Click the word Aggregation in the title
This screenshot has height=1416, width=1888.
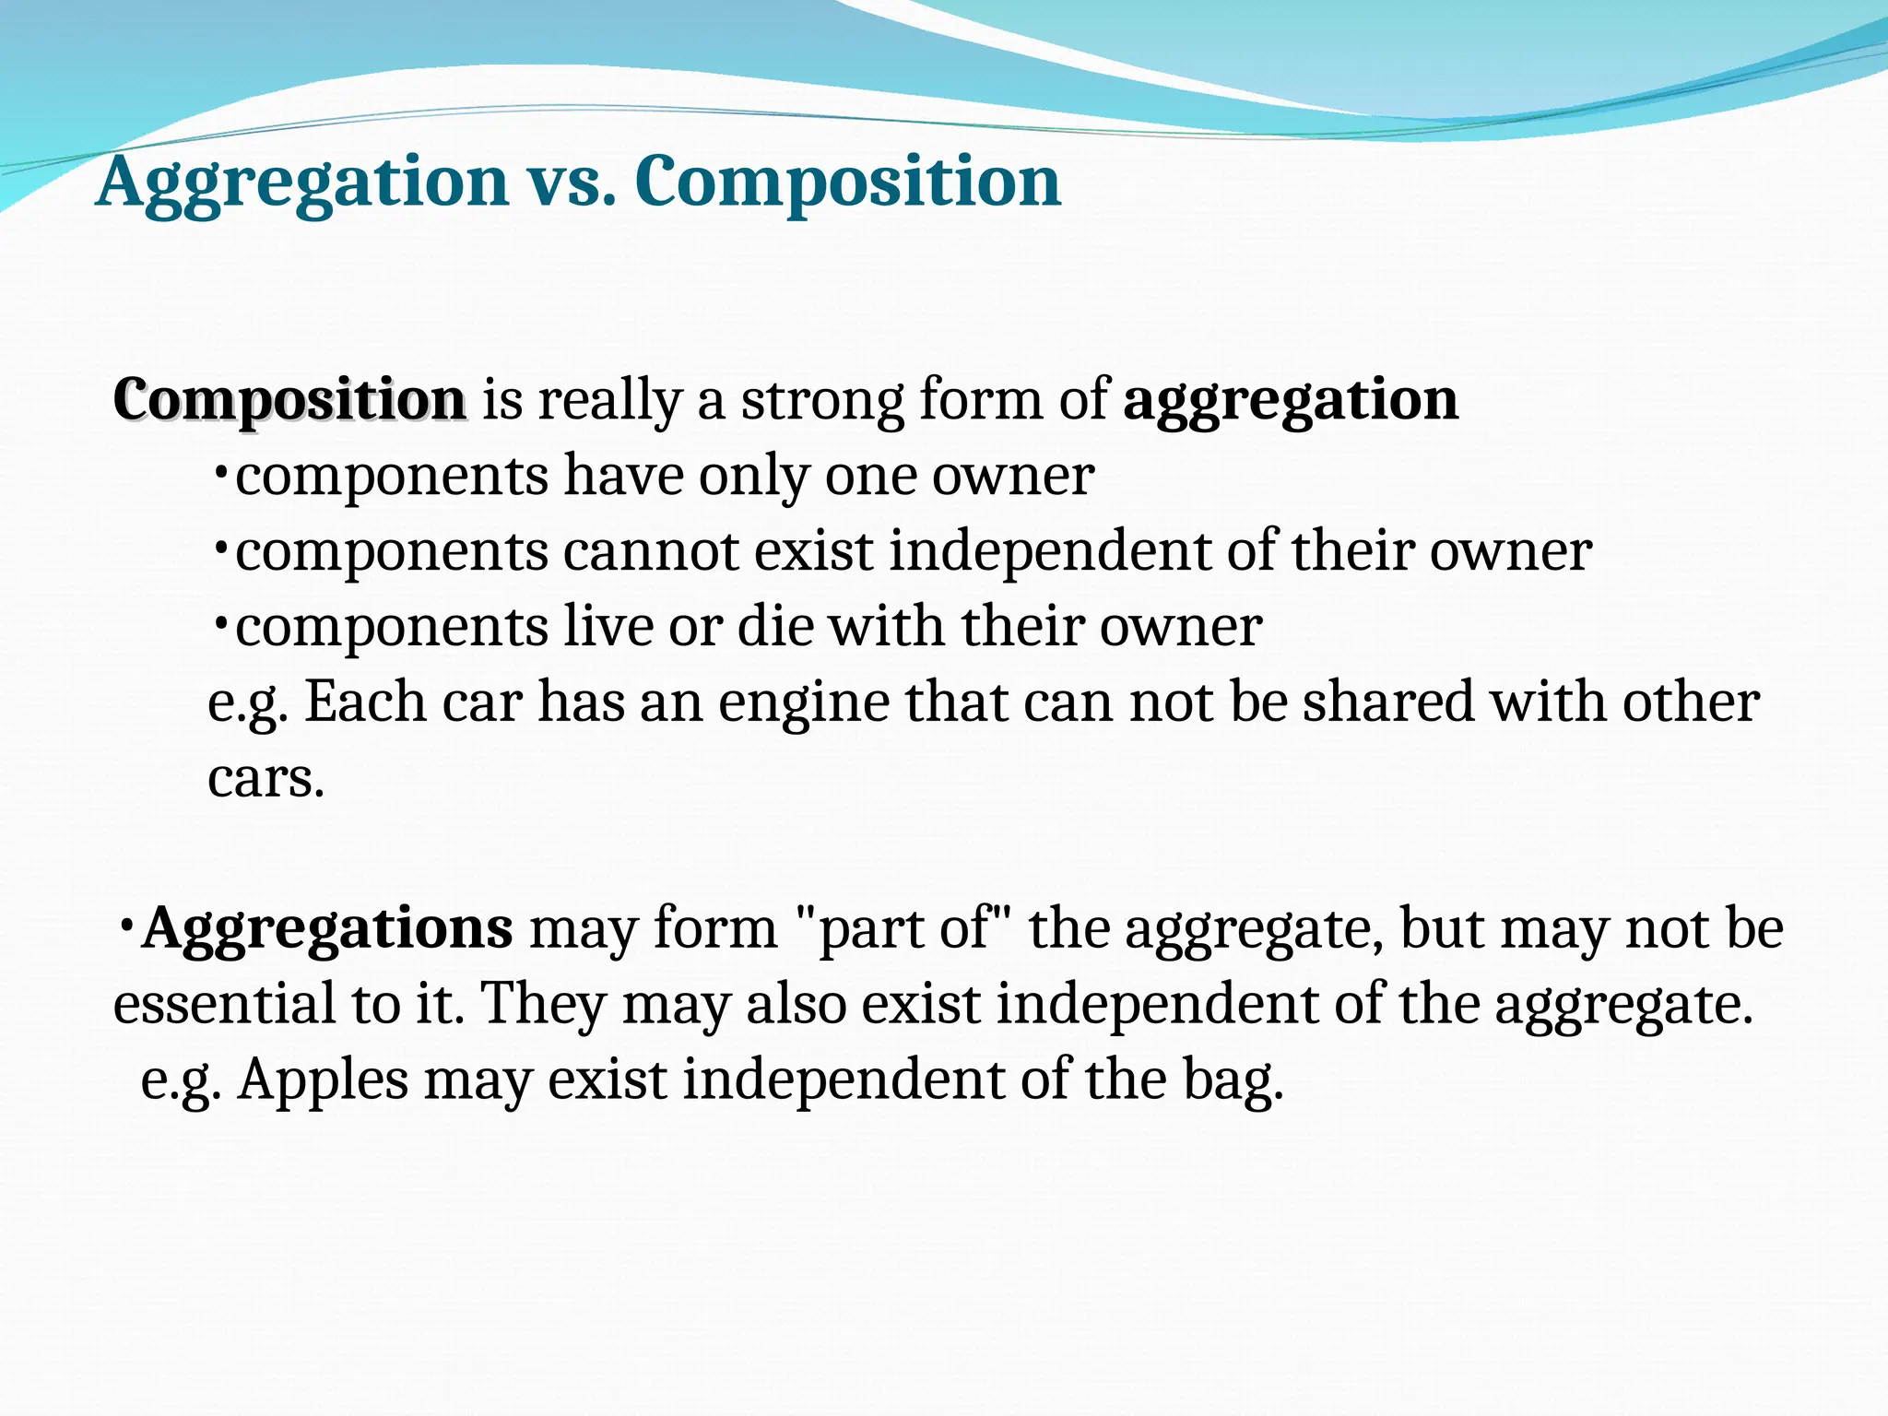[301, 182]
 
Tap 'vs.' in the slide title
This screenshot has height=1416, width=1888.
[572, 182]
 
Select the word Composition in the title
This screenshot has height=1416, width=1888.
[847, 182]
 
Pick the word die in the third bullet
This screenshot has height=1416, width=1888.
[775, 627]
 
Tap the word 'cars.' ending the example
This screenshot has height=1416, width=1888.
[265, 778]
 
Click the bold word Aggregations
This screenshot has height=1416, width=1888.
[327, 928]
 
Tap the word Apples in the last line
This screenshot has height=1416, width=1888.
[323, 1080]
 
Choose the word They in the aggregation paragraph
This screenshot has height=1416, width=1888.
[543, 1004]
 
